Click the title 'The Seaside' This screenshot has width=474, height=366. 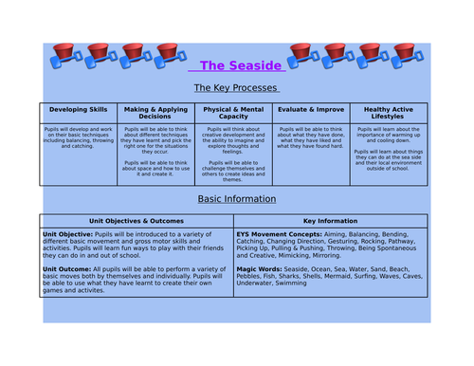tap(235, 65)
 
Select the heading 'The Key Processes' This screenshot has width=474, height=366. tap(236, 87)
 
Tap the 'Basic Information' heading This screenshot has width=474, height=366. tap(236, 199)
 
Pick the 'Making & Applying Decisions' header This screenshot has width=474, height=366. tap(155, 113)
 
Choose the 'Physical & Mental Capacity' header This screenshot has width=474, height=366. tap(233, 113)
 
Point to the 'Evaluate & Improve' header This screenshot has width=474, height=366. tap(311, 110)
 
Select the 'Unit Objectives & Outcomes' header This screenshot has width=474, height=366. tap(136, 220)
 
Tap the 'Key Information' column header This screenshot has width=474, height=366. tap(330, 220)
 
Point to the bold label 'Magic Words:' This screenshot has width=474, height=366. tap(261, 268)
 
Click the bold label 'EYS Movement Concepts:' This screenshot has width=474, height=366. tap(278, 233)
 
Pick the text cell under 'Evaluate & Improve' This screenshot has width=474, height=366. tap(311, 137)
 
